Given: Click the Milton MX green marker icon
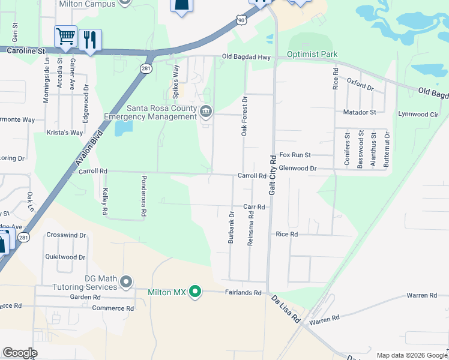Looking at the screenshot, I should pos(194,292).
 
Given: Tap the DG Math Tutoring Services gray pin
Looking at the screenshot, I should pos(125,281).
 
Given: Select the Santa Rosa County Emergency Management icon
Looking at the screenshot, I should pos(206,111).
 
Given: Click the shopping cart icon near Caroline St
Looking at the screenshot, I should pos(65,37).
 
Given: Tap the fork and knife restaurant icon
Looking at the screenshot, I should pos(90,40).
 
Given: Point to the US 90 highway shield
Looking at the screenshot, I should pos(241,20).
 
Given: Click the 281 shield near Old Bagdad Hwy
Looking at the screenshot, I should pos(146,69).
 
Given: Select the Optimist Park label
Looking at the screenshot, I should pos(312,54).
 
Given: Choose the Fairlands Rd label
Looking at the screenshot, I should pos(244,293).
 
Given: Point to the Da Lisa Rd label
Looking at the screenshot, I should pos(285,310).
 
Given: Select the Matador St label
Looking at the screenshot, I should pos(360,112).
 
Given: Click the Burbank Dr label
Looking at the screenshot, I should pos(231,227).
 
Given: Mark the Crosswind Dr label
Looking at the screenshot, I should pos(66,235).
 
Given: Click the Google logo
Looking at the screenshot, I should pos(20,353).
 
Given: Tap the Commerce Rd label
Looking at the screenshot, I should pos(113,308).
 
